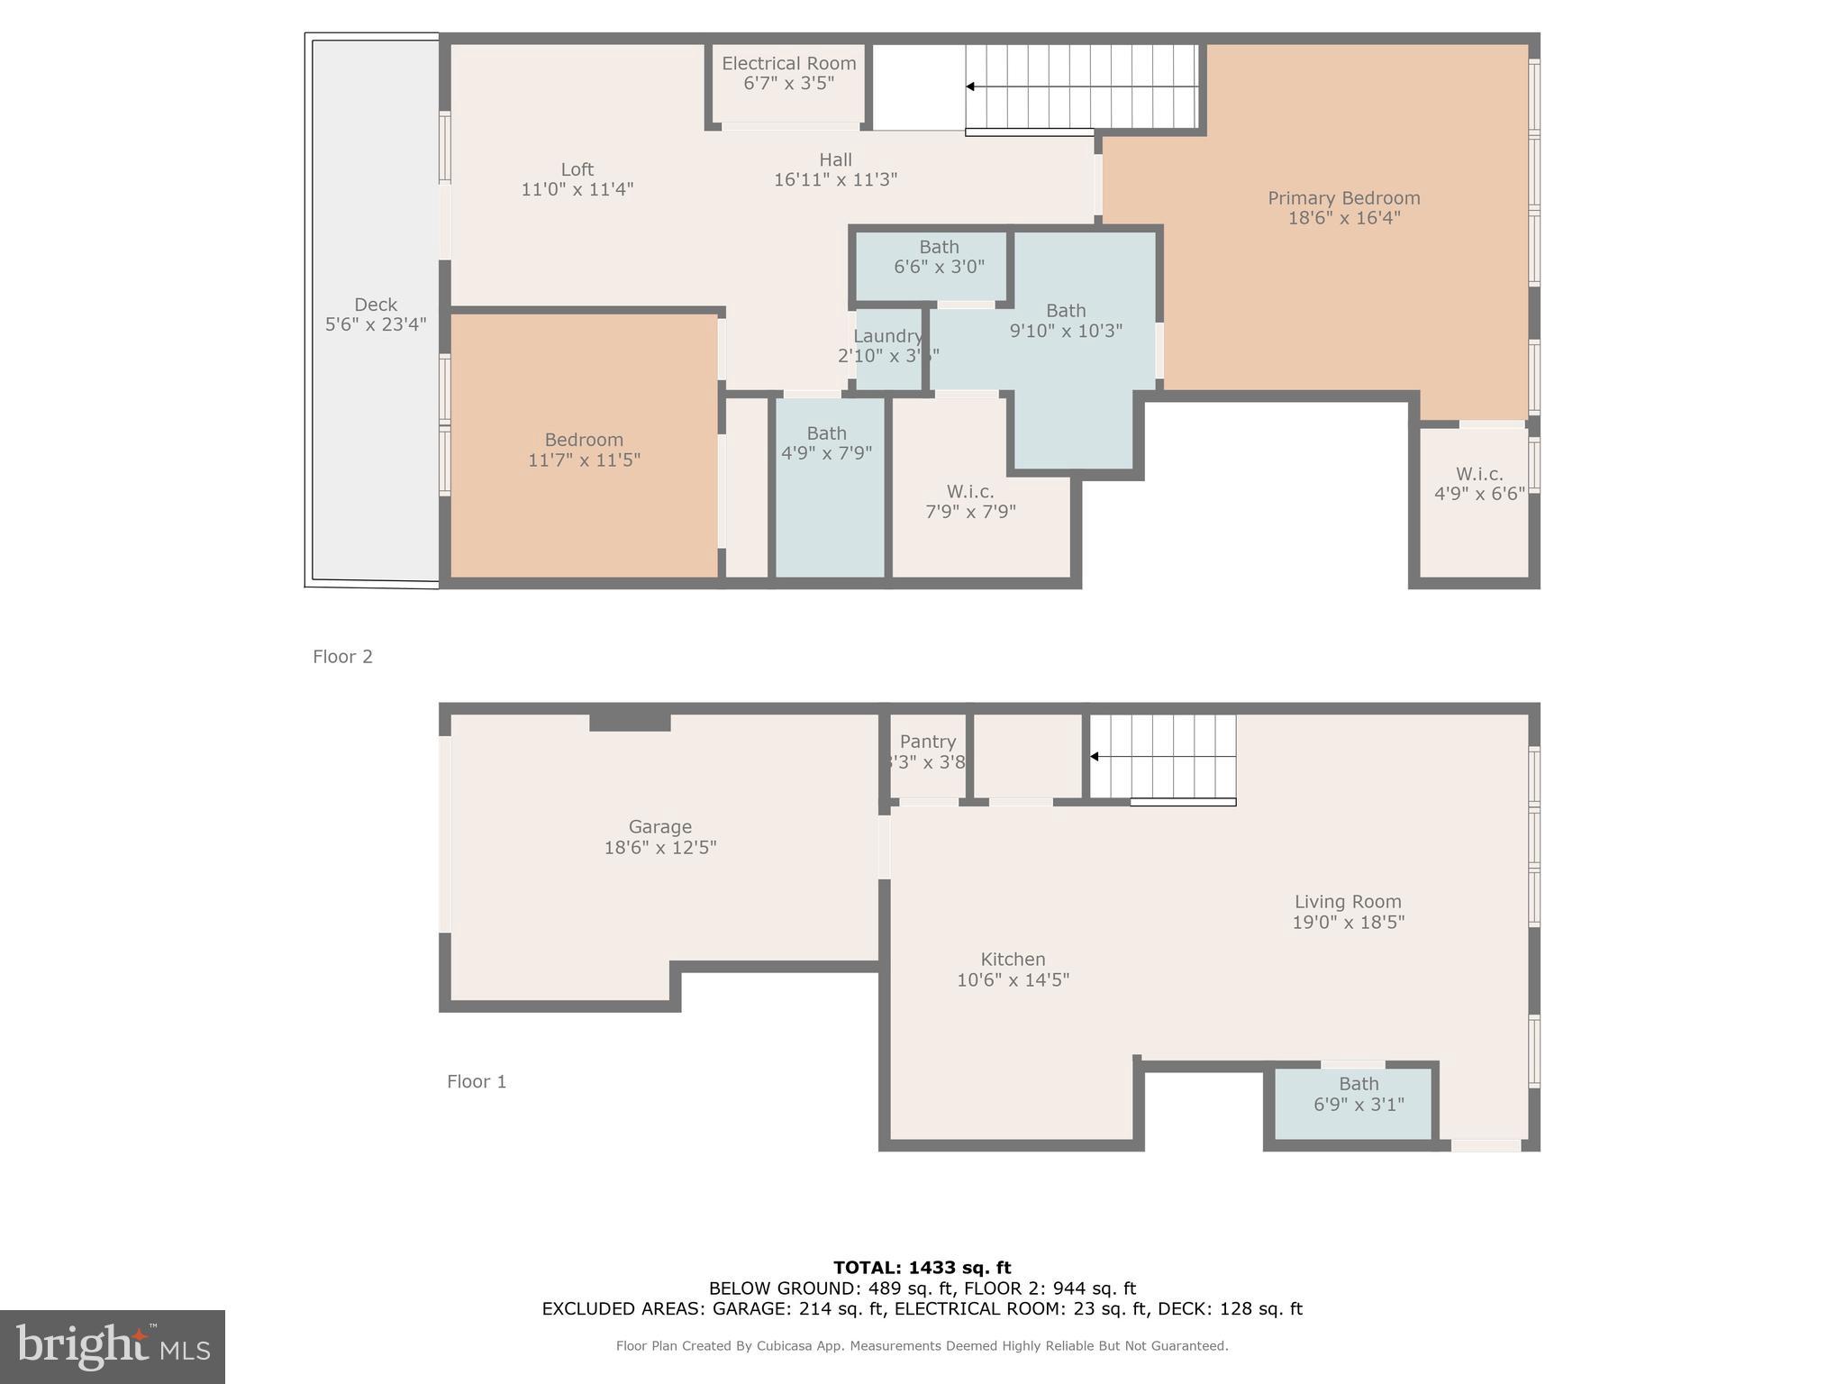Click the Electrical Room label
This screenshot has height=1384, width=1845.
(788, 63)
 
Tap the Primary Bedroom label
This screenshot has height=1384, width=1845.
(1343, 198)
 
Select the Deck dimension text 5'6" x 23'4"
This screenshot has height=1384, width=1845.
(376, 324)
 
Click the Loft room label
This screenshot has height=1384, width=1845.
(577, 169)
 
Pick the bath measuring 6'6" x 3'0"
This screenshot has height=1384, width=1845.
(939, 257)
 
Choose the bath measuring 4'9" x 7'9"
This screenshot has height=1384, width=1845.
(826, 442)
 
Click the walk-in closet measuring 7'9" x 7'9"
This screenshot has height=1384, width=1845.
(970, 501)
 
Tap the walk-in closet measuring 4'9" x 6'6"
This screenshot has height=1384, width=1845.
(1479, 484)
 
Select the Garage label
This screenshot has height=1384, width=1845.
(660, 826)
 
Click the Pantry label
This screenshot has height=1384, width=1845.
(927, 742)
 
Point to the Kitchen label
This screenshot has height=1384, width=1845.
(1013, 960)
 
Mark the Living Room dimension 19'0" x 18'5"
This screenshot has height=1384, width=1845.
(1348, 922)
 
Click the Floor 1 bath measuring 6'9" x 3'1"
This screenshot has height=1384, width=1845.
(1358, 1094)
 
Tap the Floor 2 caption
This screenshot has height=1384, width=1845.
(342, 657)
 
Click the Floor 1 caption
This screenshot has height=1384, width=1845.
(477, 1081)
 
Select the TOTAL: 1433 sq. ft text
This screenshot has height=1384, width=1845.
(922, 1268)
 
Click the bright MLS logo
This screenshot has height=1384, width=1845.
(113, 1347)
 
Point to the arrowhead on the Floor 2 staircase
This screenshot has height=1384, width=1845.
(970, 86)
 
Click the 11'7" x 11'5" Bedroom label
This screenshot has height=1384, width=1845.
(584, 440)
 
